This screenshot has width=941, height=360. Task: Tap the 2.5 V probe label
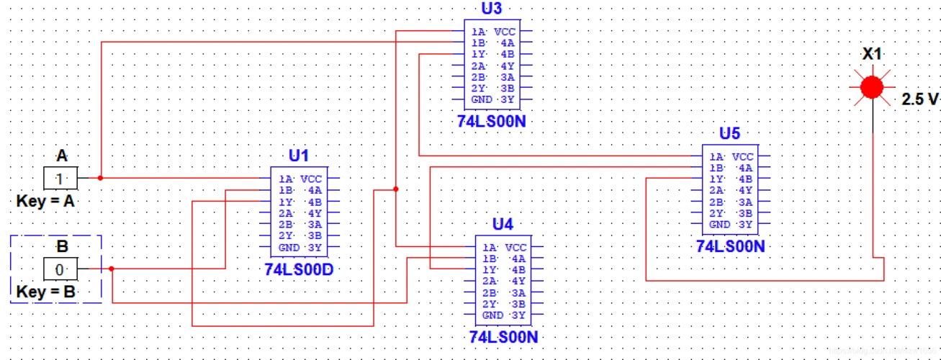pyautogui.click(x=920, y=100)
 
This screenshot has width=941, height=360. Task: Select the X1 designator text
pyautogui.click(x=872, y=55)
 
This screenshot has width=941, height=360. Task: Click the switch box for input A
pyautogui.click(x=60, y=177)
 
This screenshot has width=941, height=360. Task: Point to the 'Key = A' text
pyautogui.click(x=45, y=202)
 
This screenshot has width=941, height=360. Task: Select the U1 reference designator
pyautogui.click(x=298, y=155)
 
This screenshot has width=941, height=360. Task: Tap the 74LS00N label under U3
pyautogui.click(x=491, y=122)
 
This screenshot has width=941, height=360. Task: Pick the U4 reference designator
pyautogui.click(x=503, y=223)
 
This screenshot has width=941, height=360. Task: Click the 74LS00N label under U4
pyautogui.click(x=503, y=337)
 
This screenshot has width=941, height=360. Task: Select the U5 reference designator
pyautogui.click(x=730, y=133)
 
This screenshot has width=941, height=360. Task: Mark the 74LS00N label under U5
pyautogui.click(x=731, y=246)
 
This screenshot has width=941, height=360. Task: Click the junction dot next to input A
pyautogui.click(x=101, y=177)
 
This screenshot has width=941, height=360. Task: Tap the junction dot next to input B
pyautogui.click(x=112, y=269)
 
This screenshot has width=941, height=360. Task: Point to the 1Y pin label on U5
pyautogui.click(x=716, y=179)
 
